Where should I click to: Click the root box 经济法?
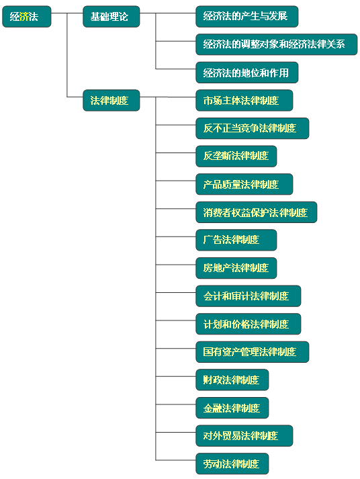click(x=27, y=17)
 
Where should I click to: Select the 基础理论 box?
click(x=111, y=17)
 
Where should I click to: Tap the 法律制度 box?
click(x=111, y=100)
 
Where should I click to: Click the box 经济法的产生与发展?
click(x=246, y=17)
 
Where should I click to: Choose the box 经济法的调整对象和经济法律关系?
click(x=276, y=44)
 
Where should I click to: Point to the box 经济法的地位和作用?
click(x=246, y=73)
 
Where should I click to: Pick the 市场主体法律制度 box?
click(x=244, y=100)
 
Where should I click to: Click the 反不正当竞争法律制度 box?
click(x=253, y=128)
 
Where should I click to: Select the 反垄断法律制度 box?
click(x=236, y=156)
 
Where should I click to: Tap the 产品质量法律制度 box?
click(x=244, y=184)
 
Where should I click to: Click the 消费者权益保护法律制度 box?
click(x=256, y=212)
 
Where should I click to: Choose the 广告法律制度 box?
click(x=236, y=240)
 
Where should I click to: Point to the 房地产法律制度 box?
click(x=236, y=268)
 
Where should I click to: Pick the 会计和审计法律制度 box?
click(x=249, y=296)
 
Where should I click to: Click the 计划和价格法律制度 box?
click(x=249, y=324)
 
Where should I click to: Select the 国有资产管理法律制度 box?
click(x=253, y=352)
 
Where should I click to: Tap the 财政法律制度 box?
click(x=232, y=380)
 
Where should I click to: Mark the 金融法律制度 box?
click(x=232, y=408)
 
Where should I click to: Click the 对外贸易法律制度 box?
click(x=244, y=435)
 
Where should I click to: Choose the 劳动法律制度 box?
click(x=232, y=464)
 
